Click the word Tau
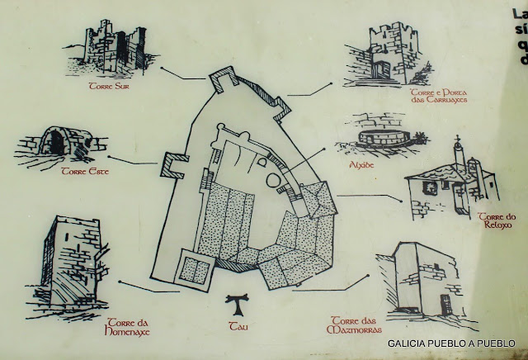click(x=236, y=326)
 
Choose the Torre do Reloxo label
click(x=496, y=220)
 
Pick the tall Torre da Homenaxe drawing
click(x=74, y=264)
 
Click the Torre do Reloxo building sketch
click(x=450, y=186)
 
